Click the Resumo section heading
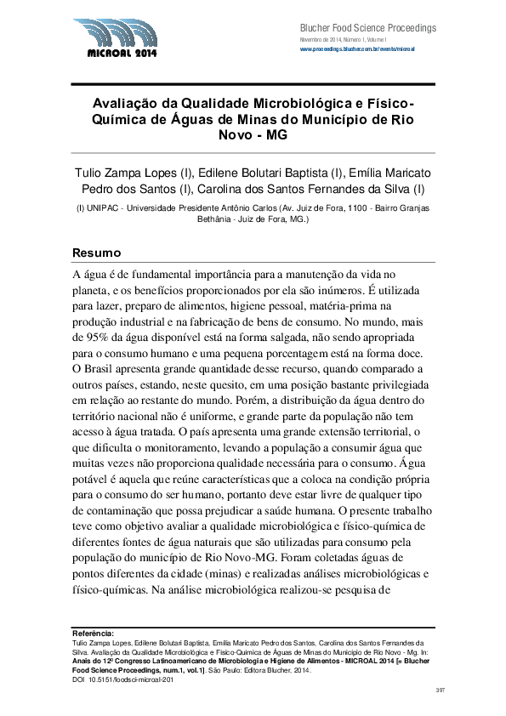(96, 253)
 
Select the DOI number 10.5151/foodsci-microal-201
(129, 680)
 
